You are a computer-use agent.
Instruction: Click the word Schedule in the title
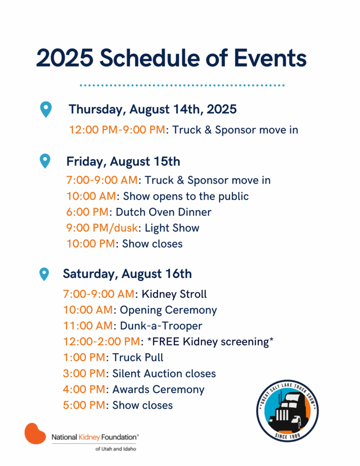tap(149, 58)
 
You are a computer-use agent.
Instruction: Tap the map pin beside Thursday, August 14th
tap(46, 109)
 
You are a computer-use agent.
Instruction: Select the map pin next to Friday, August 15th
tap(45, 161)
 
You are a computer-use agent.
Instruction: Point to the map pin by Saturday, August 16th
tap(44, 274)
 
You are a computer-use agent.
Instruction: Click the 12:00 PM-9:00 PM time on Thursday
tap(117, 130)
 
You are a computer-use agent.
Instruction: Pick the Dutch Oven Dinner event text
tap(163, 212)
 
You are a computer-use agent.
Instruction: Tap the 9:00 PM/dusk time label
tap(102, 228)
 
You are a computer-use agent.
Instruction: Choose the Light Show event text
tap(172, 228)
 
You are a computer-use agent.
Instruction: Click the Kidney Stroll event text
tap(174, 294)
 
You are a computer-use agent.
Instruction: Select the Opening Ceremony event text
tap(168, 310)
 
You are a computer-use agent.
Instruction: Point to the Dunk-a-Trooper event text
tap(161, 326)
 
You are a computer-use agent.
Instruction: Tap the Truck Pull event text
tap(137, 358)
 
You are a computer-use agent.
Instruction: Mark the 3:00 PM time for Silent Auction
tap(84, 374)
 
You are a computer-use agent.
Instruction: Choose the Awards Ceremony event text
tap(158, 390)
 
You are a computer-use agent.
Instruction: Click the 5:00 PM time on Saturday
tap(84, 405)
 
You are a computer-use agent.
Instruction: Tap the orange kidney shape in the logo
tap(35, 434)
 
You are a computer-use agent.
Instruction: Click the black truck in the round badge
tap(287, 411)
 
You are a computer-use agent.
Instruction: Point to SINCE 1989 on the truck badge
tap(287, 436)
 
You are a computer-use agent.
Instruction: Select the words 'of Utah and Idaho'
tap(116, 449)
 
